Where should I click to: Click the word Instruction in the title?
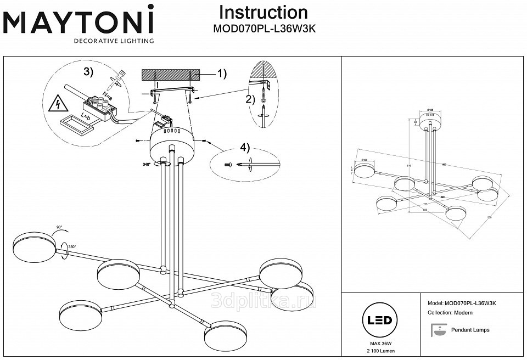tap(263, 12)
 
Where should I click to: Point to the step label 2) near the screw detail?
tap(250, 99)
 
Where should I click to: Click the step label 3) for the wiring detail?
tap(88, 72)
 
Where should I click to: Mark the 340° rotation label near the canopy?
tap(146, 164)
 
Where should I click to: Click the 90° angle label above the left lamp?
tap(59, 227)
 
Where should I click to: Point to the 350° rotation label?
tap(71, 247)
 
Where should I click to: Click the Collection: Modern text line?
tap(450, 312)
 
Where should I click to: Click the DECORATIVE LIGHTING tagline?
tap(114, 41)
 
